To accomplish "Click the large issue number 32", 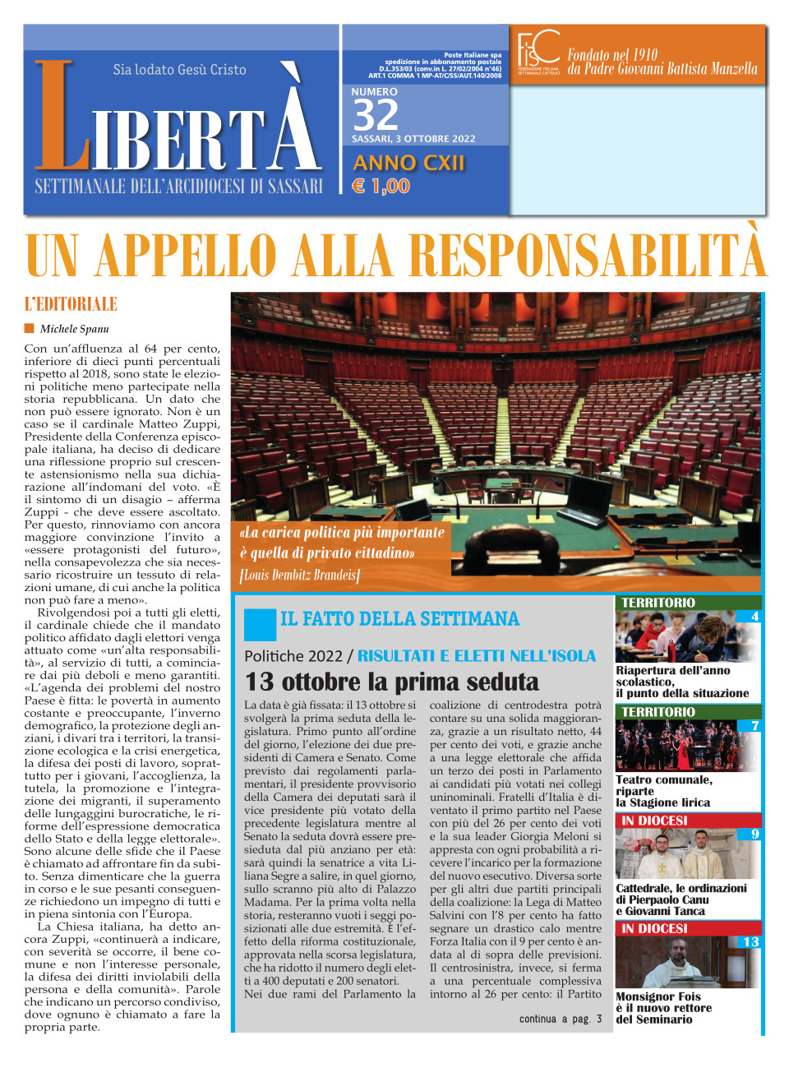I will tap(376, 115).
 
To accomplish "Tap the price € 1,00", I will tap(381, 186).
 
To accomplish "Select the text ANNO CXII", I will tap(408, 163).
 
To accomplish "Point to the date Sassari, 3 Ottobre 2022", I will tap(413, 139).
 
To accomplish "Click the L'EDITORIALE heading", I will tap(71, 304).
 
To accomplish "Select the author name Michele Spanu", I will tap(74, 329).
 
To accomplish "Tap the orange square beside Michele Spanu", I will tap(30, 329).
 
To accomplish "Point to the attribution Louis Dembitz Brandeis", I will tap(299, 575).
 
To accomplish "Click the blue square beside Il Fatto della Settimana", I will tap(260, 624).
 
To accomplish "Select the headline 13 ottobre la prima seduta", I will tap(392, 682).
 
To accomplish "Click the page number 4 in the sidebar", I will tap(754, 616).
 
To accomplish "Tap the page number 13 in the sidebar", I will tap(750, 941).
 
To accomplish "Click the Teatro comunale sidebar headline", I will tap(663, 791).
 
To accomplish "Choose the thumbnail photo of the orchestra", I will tap(686, 746).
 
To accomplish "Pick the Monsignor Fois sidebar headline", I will tap(663, 1008).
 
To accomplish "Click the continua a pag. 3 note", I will tap(561, 1019).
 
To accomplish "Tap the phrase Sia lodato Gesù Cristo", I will tap(179, 70).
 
